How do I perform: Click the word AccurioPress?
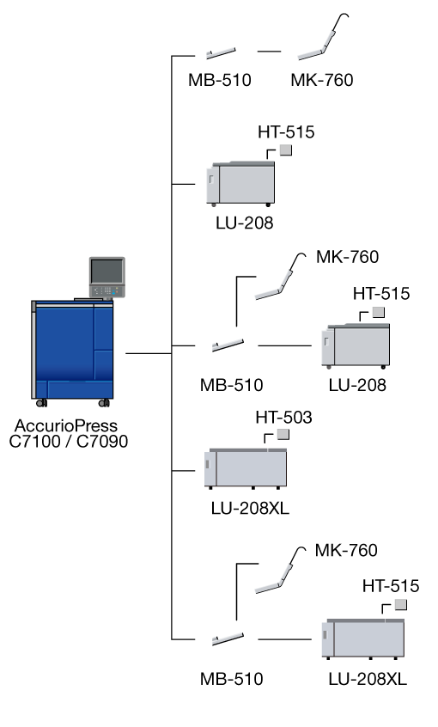pos(66,425)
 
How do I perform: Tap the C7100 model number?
pos(34,441)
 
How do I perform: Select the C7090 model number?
pos(102,441)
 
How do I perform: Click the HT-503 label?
pos(283,418)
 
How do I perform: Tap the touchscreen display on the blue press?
pos(106,272)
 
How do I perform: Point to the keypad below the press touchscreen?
pos(107,291)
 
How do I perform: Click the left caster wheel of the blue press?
pos(42,403)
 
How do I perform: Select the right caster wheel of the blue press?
pos(104,403)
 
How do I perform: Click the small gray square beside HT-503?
pos(283,435)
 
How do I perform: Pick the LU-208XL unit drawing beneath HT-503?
pos(246,468)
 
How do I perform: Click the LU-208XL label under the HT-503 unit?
pos(250,508)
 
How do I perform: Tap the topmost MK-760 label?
pos(322,80)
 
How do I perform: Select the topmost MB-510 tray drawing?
pos(221,53)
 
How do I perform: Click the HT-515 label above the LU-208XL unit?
pos(391,586)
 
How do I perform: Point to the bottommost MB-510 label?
pos(231,679)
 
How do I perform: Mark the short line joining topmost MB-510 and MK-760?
pos(270,52)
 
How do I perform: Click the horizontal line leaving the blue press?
pos(149,353)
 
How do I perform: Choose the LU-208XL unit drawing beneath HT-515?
pos(363,638)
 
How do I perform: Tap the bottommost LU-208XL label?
pos(368,679)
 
